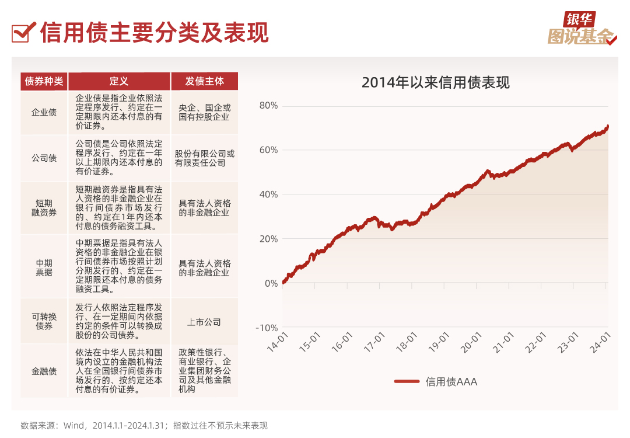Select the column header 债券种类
44,81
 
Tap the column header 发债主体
204,81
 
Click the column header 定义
119,81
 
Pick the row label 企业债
44,112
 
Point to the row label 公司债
44,158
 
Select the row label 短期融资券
44,208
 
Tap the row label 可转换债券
44,321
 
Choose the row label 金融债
44,371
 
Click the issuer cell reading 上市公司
204,322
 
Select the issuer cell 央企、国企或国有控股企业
204,112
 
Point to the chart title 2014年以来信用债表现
435,82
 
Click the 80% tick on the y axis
268,106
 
